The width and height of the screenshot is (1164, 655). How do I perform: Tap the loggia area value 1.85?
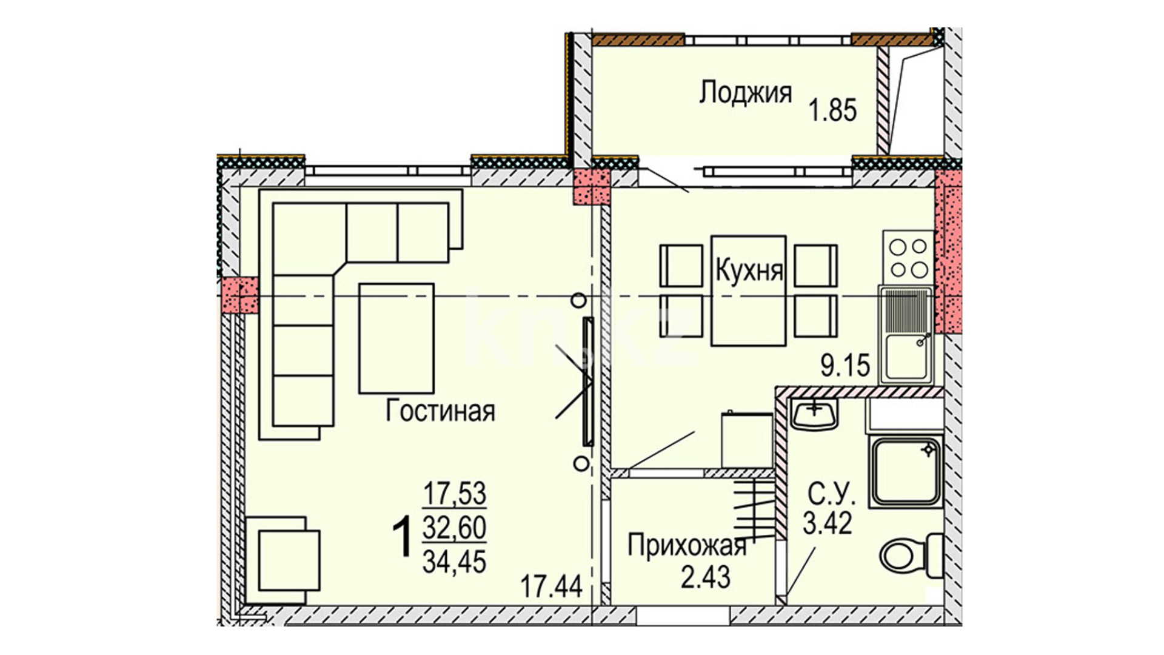coord(834,111)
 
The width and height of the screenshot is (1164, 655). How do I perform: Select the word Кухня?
coord(749,270)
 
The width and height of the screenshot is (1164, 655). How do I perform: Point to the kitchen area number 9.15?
coord(845,366)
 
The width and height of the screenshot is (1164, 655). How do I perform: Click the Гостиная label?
coord(440,411)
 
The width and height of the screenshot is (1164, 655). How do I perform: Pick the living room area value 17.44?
coord(552,586)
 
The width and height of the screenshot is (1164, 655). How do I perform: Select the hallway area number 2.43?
coord(706,576)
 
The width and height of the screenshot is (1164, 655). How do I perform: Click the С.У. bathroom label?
coord(831,496)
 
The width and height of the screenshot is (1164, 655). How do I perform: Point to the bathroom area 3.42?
coord(828,523)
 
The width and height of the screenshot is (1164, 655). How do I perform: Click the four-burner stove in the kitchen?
coord(908,257)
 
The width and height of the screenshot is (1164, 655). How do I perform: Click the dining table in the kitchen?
coord(749,291)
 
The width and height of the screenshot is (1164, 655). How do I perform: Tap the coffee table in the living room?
coord(396,338)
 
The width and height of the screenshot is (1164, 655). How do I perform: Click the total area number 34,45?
coord(454,562)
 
